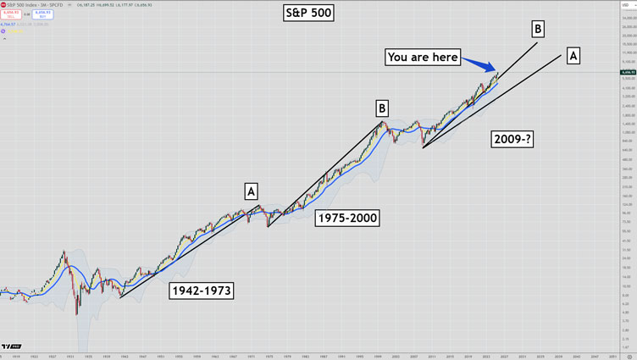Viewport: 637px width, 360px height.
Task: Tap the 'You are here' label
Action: (422, 58)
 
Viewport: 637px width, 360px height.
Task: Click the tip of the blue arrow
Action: (497, 72)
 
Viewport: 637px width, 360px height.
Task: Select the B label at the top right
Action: (537, 30)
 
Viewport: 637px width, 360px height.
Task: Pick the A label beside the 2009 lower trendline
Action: (573, 56)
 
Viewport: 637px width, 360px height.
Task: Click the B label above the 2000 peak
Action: (382, 108)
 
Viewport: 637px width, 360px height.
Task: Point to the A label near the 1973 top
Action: (252, 191)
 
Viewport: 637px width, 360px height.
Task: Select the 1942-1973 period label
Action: (202, 291)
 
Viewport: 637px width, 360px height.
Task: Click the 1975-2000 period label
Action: (347, 218)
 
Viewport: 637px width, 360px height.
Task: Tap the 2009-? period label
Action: (512, 140)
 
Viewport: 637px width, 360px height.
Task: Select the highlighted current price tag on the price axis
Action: (628, 73)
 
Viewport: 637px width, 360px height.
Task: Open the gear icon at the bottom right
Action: (627, 355)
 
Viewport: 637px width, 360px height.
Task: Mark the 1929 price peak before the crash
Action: (64, 252)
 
